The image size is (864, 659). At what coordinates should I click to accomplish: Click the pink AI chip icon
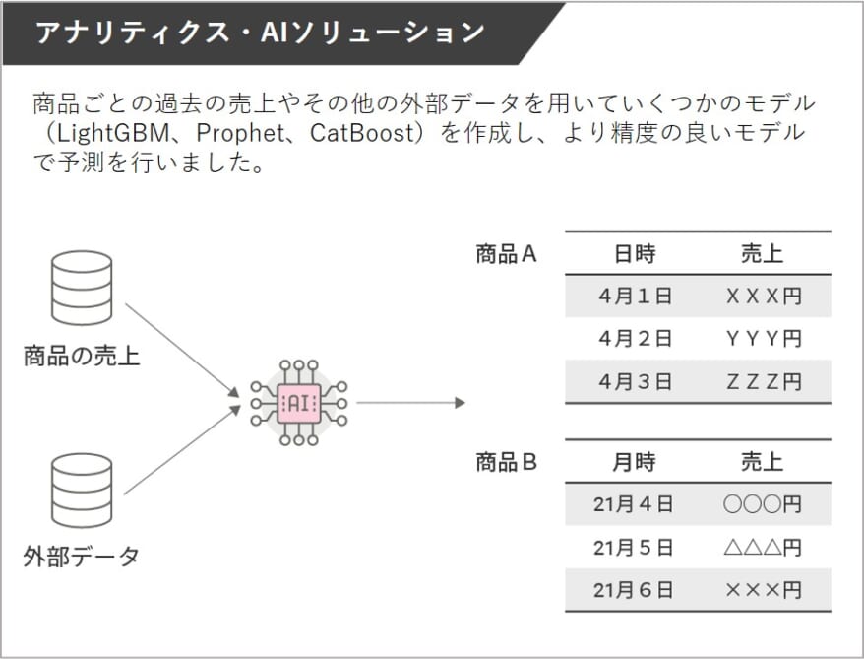click(298, 403)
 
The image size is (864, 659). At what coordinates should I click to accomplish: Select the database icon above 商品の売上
click(82, 288)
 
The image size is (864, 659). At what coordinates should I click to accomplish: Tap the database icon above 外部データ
click(82, 491)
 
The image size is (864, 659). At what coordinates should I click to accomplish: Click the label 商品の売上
click(82, 356)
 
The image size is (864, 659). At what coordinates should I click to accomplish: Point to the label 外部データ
click(81, 557)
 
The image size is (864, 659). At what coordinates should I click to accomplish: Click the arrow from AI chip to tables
click(411, 403)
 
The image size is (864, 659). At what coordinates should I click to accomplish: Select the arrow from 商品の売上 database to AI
click(182, 350)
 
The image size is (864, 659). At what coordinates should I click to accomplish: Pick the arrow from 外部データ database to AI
click(182, 450)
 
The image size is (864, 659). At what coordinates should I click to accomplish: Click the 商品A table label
click(506, 254)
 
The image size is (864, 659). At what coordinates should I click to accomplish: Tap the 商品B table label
click(506, 462)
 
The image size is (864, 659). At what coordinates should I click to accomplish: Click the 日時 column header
click(635, 254)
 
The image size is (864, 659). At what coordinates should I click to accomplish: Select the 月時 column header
click(635, 462)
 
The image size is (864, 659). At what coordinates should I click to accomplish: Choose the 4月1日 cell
click(636, 297)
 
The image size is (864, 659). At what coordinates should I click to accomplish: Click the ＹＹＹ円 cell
click(764, 339)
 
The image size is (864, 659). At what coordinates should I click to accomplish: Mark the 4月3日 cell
click(636, 381)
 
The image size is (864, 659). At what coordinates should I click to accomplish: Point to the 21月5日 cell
click(633, 548)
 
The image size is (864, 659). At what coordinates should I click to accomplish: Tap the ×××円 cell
click(764, 591)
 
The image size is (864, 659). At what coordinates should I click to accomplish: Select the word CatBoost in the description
click(362, 133)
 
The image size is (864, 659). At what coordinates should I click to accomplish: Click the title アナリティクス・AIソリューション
click(260, 32)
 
